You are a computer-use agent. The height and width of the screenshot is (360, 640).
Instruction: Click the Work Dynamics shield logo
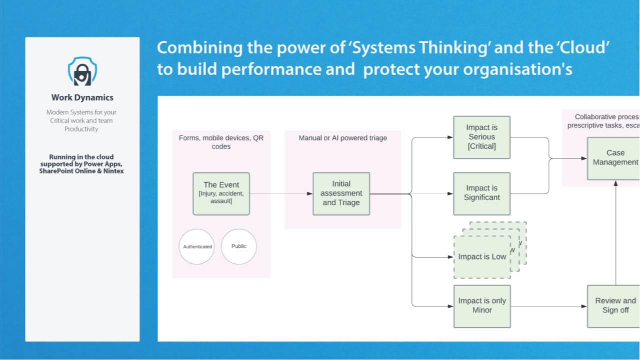[x=82, y=71]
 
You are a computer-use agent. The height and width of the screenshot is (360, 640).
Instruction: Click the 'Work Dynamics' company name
[x=82, y=98]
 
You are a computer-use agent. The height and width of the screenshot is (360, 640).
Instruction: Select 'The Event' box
[x=221, y=194]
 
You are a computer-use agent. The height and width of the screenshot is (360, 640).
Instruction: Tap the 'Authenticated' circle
[x=197, y=247]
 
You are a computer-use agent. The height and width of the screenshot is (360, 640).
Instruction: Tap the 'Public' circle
[x=239, y=246]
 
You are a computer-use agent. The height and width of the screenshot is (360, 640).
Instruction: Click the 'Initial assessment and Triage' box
[x=341, y=194]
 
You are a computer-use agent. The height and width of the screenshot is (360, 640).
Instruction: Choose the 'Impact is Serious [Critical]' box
[x=482, y=137]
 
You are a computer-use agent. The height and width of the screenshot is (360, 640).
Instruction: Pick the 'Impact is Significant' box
[x=482, y=193]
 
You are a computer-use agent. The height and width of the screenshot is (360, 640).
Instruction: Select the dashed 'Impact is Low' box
[x=482, y=257]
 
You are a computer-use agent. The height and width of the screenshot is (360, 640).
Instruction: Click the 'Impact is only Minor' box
[x=482, y=306]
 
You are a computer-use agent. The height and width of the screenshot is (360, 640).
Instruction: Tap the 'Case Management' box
[x=614, y=158]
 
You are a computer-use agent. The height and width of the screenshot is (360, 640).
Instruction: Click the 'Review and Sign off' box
[x=614, y=306]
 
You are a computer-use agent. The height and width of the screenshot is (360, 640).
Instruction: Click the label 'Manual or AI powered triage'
[x=343, y=138]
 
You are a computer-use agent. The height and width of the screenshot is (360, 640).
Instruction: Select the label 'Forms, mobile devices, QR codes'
[x=221, y=142]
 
